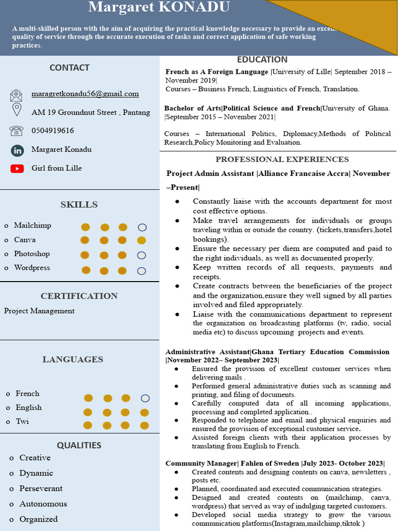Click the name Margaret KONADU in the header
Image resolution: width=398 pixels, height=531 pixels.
pyautogui.click(x=159, y=7)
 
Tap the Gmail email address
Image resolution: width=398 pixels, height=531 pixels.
pyautogui.click(x=85, y=94)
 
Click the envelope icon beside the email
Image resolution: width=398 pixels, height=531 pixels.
pyautogui.click(x=16, y=95)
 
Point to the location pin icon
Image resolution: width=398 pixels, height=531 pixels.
pyautogui.click(x=17, y=110)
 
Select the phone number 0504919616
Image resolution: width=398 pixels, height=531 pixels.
pyautogui.click(x=52, y=131)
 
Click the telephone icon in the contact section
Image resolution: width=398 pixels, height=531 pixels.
pyautogui.click(x=17, y=131)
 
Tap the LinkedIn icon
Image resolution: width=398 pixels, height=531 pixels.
pyautogui.click(x=17, y=150)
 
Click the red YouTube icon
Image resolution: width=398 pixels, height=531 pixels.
pyautogui.click(x=17, y=169)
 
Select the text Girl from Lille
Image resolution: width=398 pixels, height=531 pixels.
pyautogui.click(x=56, y=168)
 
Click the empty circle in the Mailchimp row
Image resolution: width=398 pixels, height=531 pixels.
pyautogui.click(x=142, y=227)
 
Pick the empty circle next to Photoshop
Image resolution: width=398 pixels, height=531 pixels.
pyautogui.click(x=141, y=255)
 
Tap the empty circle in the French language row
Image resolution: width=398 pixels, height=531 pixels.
pyautogui.click(x=145, y=398)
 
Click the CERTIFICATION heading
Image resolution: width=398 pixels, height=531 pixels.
pyautogui.click(x=79, y=296)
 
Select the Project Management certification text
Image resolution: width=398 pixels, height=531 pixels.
pyautogui.click(x=39, y=311)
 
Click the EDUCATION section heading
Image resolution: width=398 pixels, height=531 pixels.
pyautogui.click(x=262, y=60)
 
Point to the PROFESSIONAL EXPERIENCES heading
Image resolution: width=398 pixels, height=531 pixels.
pyautogui.click(x=282, y=159)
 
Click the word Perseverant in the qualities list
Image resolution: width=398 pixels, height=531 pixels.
pyautogui.click(x=41, y=488)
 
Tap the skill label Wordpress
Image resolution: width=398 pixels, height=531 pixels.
pyautogui.click(x=32, y=268)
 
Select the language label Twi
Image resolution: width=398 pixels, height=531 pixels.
pyautogui.click(x=22, y=422)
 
